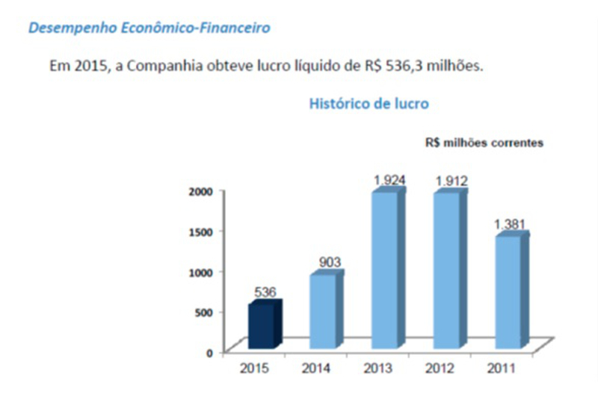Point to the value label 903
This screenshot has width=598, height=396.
click(x=329, y=262)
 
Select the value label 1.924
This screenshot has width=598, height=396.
click(x=389, y=179)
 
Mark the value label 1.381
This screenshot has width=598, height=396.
click(x=511, y=223)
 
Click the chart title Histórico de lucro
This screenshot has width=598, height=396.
click(x=369, y=104)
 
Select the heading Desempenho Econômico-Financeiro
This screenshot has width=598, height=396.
click(x=149, y=28)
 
